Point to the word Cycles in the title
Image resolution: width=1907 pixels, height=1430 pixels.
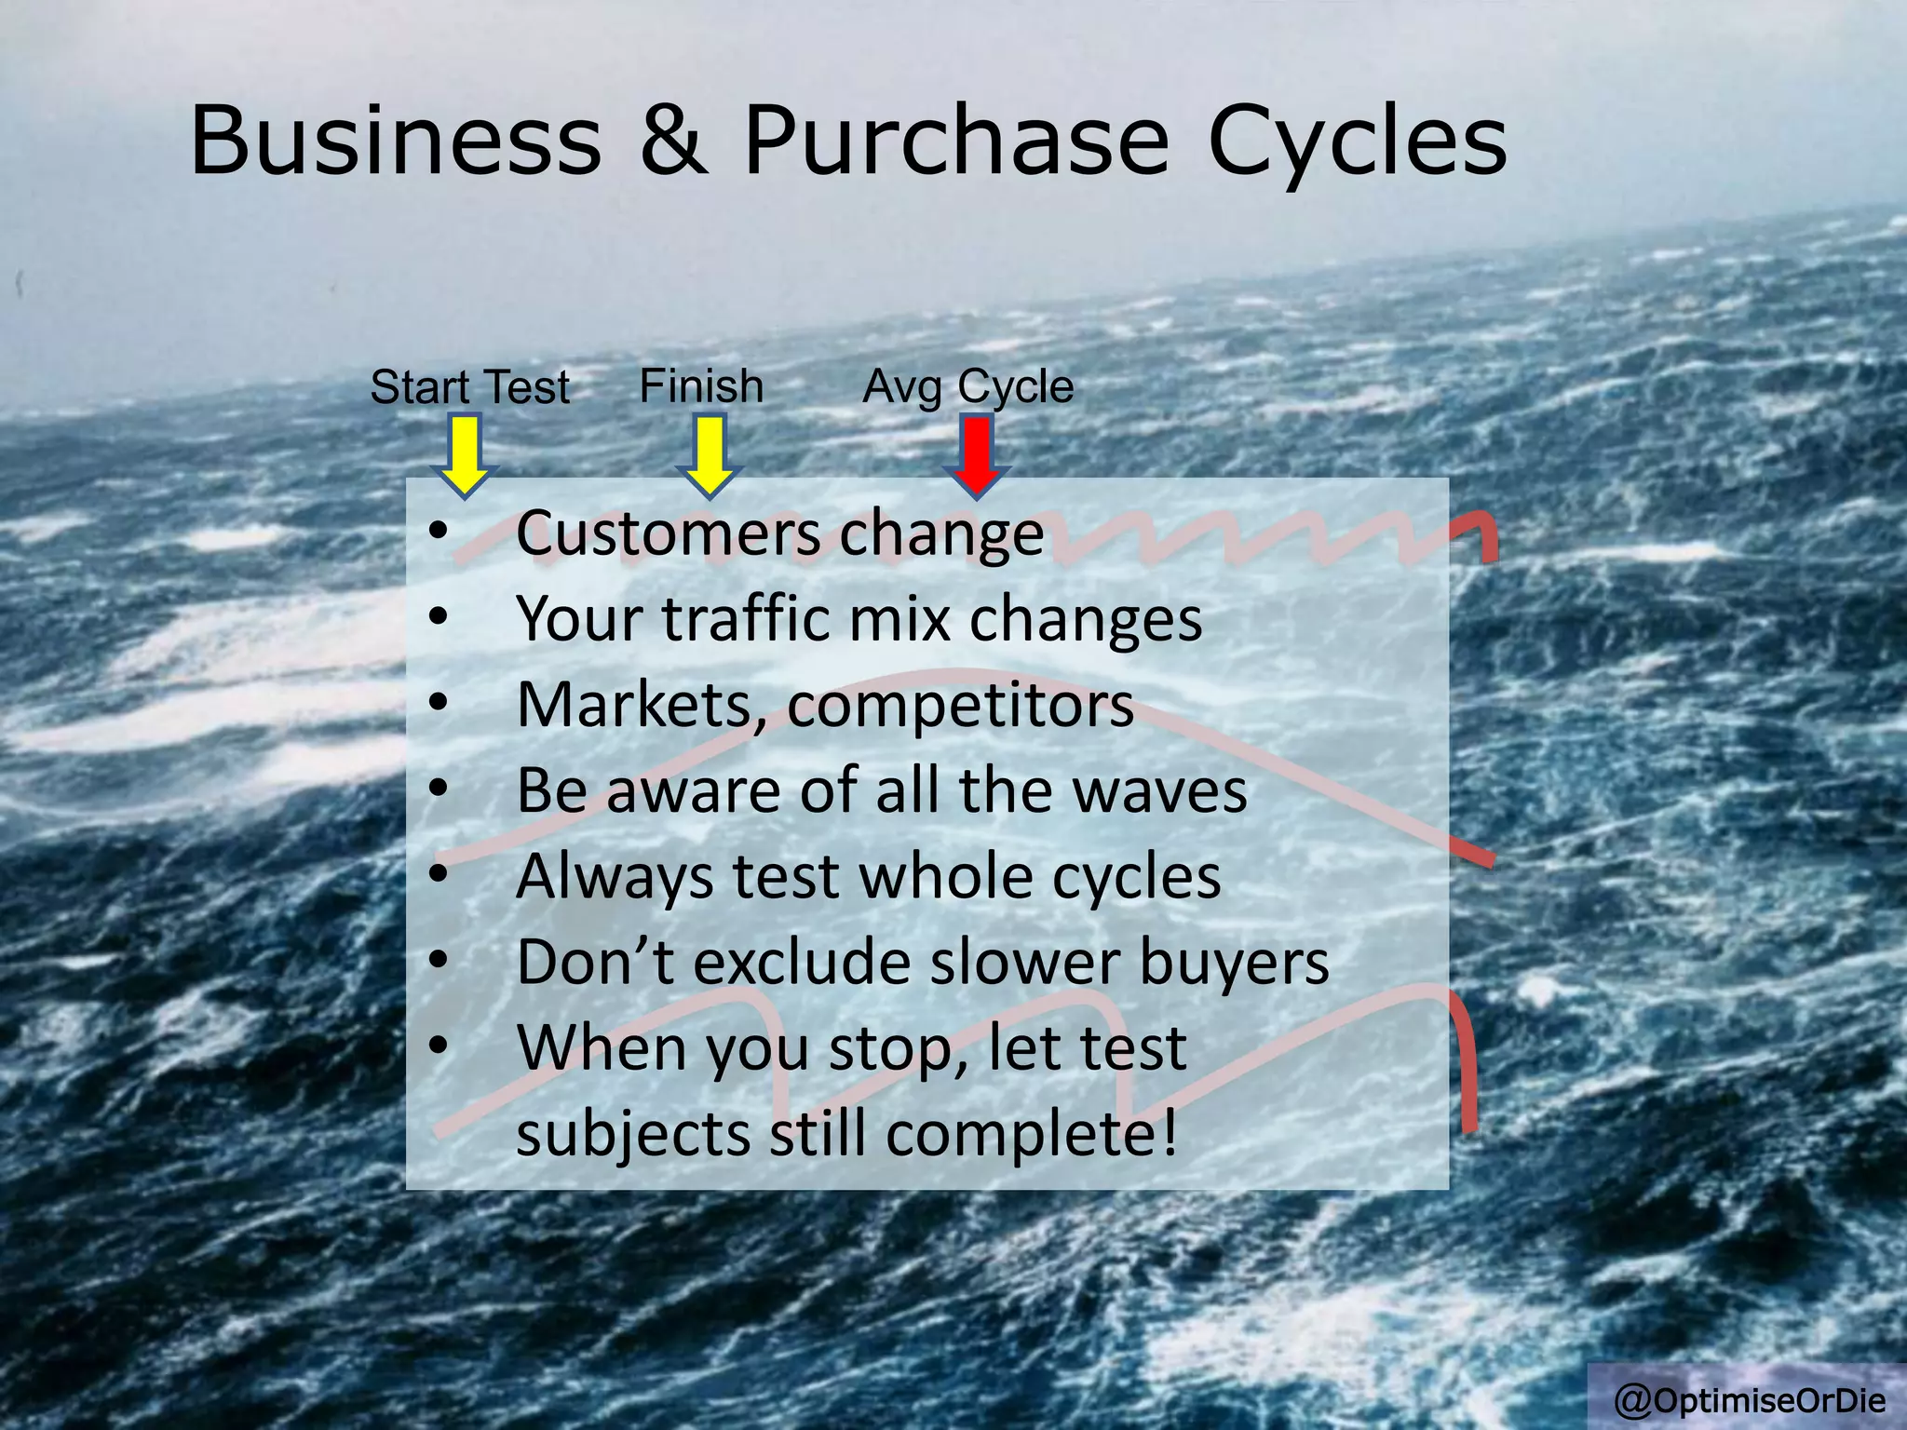1357,142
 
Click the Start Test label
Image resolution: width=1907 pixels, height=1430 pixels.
469,386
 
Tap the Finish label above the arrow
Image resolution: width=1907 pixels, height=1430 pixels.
701,385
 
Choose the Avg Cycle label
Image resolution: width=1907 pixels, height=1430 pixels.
967,386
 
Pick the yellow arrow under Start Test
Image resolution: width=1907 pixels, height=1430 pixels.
464,456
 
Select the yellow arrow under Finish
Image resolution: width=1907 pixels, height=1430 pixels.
709,456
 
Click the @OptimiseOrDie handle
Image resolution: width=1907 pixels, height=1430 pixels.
1750,1399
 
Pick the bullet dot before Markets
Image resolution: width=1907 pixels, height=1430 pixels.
439,703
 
